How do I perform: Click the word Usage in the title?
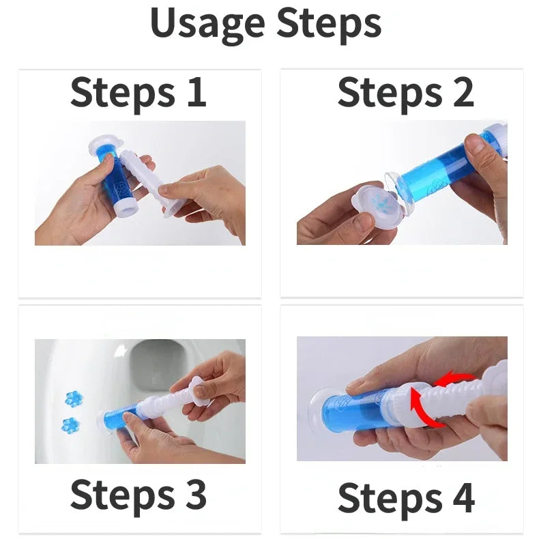pos(207,24)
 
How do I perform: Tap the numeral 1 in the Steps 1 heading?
pos(196,91)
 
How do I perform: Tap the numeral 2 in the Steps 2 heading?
pos(463,91)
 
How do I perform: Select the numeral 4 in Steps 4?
pos(464,497)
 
